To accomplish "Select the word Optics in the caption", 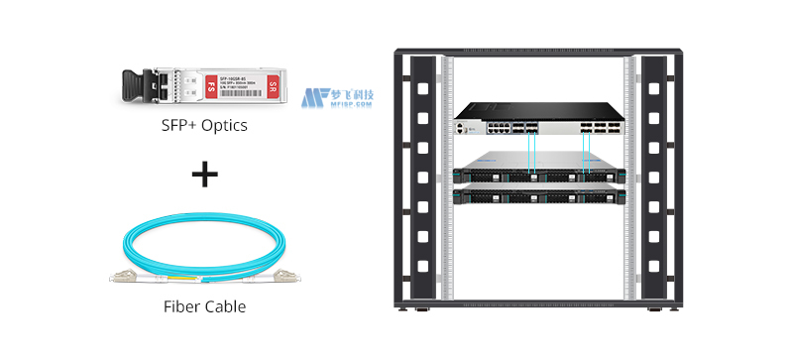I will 224,127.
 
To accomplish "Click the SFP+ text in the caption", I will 178,127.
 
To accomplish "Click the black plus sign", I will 204,177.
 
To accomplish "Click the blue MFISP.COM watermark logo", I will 337,97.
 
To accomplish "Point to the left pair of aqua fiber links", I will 533,154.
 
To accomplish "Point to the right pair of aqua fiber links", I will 587,154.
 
